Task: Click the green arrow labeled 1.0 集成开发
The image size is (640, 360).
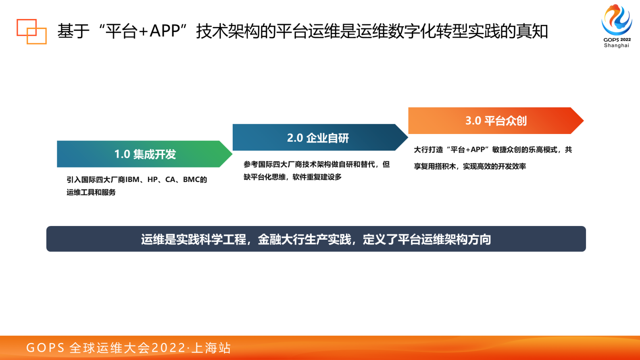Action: [x=144, y=154]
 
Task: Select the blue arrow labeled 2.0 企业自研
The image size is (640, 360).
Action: [x=319, y=137]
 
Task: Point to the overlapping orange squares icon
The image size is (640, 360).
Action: [x=31, y=31]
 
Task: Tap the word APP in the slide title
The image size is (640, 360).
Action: [x=165, y=31]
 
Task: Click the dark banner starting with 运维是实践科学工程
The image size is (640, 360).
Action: [x=316, y=239]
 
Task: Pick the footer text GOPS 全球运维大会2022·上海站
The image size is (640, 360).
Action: [x=128, y=348]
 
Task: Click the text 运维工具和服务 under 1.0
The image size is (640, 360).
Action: [x=91, y=193]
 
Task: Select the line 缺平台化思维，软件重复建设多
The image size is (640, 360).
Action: [x=292, y=177]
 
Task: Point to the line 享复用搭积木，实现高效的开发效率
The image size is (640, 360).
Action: [x=470, y=166]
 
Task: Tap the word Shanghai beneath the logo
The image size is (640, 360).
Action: [x=616, y=46]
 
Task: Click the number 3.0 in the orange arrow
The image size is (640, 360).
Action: [x=473, y=121]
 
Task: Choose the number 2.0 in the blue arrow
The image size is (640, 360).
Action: [x=295, y=138]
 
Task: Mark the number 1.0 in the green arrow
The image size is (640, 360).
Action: [x=122, y=154]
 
